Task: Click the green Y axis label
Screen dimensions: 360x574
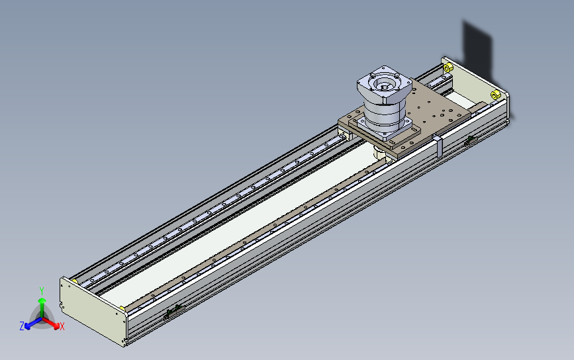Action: (x=42, y=291)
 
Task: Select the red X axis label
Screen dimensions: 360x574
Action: (x=62, y=326)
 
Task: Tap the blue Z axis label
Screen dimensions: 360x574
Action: (x=22, y=326)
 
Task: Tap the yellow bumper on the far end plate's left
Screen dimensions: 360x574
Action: (x=448, y=67)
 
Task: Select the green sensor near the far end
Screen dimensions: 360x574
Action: (x=471, y=140)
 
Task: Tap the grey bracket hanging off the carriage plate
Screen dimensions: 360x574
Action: (x=438, y=146)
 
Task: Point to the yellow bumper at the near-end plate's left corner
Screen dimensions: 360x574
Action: (x=75, y=281)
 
